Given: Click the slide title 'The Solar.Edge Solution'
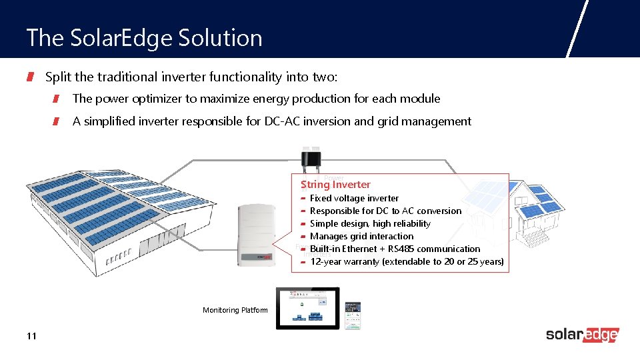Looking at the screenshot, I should coord(144,37).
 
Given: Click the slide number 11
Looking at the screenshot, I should coord(31,336).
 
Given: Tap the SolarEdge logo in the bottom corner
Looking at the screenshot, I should coord(582,335).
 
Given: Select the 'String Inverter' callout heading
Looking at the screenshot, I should coord(336,185).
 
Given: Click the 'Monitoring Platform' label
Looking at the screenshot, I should coord(235,310).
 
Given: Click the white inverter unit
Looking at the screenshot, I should coord(256,234).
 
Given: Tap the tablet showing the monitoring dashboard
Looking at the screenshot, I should coord(308,307).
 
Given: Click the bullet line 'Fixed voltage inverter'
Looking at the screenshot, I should coord(354,198).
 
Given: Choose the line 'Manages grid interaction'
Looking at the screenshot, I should coord(361,236).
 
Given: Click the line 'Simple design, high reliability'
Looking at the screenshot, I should coord(370,223).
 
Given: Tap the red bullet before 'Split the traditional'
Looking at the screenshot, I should coord(30,77).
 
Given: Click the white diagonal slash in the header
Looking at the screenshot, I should coord(577,29).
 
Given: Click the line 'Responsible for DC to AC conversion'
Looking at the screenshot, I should coord(385,211).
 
